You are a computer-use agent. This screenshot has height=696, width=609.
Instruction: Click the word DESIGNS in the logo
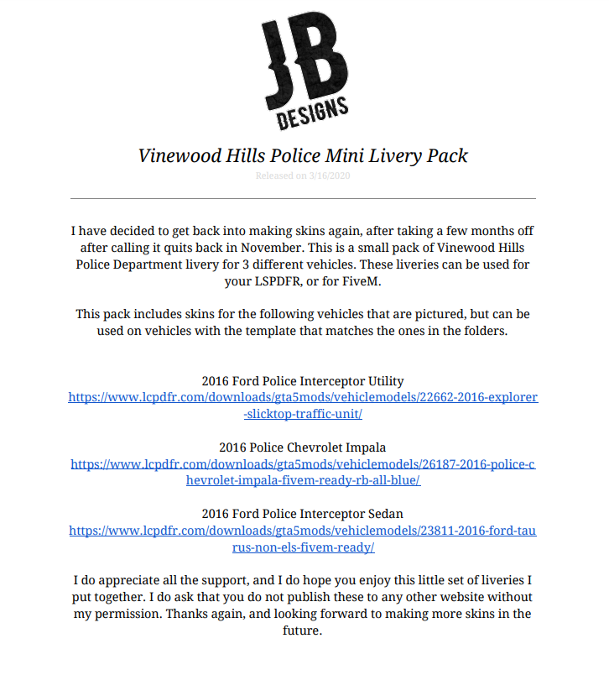[312, 113]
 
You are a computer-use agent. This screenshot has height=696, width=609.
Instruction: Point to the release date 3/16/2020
[331, 175]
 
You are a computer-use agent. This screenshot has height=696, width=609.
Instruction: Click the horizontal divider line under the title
[303, 199]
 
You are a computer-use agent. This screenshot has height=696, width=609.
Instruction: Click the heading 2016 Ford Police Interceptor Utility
[303, 380]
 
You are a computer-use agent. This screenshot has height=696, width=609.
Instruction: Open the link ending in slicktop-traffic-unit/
[303, 414]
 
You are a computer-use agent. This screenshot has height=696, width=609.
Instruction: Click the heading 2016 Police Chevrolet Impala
[303, 447]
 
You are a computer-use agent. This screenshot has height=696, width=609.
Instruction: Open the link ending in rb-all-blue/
[303, 480]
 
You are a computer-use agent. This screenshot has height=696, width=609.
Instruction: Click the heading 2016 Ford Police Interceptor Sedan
[303, 513]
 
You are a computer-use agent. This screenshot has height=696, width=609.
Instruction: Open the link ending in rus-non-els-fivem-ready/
[303, 547]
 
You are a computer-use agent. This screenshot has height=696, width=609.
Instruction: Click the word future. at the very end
[303, 631]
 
